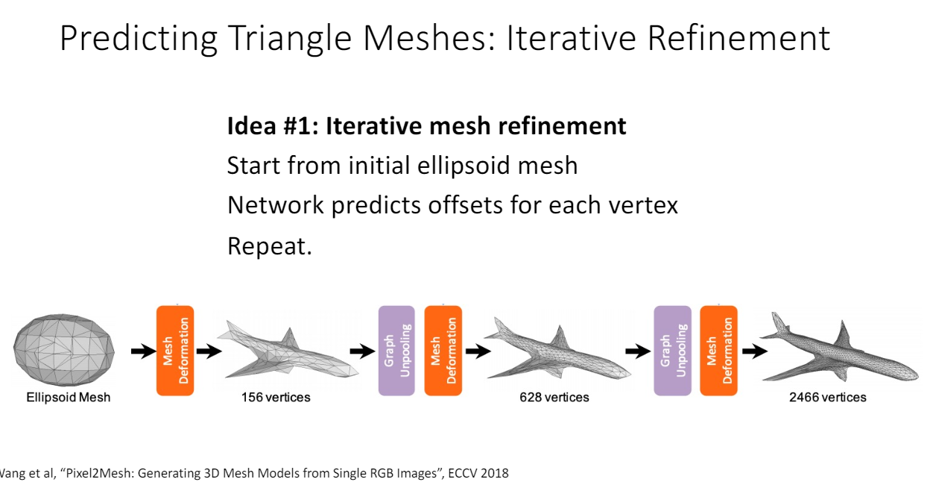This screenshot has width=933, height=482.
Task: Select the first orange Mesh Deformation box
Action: (x=175, y=350)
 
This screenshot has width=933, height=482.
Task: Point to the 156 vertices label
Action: (x=276, y=398)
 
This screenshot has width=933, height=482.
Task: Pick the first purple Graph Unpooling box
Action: (x=396, y=350)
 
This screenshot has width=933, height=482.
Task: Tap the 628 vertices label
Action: (x=554, y=398)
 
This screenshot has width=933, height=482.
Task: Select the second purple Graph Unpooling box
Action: (x=672, y=350)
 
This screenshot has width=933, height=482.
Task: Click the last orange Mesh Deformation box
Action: (x=719, y=350)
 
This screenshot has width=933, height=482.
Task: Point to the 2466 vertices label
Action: (x=828, y=398)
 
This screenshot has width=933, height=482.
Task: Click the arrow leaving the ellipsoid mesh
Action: (x=142, y=351)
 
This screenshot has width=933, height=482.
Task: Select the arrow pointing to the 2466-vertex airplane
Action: (x=754, y=351)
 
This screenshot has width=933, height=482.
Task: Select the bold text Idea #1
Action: (x=272, y=126)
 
